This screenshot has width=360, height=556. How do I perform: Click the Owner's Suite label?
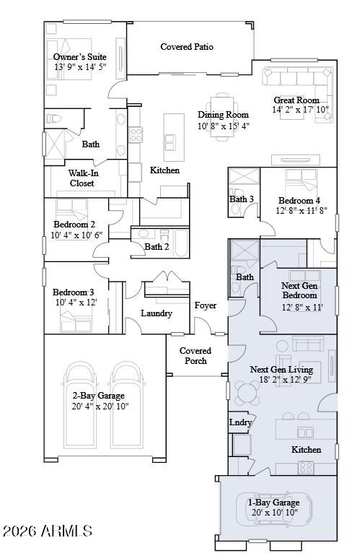[x=80, y=57]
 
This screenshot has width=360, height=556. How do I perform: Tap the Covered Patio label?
[x=187, y=46]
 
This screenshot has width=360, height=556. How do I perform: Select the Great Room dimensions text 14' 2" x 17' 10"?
[x=300, y=110]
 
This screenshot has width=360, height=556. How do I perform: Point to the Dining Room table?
[x=222, y=117]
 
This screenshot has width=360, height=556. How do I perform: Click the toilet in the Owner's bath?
[x=54, y=118]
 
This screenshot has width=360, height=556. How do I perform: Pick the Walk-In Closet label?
[x=83, y=178]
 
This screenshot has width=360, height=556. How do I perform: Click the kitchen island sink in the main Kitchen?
[x=170, y=142]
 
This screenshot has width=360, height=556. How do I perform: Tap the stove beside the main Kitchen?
[x=136, y=135]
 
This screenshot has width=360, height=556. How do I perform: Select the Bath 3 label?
[x=241, y=199]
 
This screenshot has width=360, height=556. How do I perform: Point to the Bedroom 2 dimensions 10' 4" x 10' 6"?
[x=76, y=235]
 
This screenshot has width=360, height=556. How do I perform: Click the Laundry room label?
[x=157, y=313]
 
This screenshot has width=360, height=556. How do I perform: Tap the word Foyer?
[x=205, y=305]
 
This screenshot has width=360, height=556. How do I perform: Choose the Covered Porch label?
[x=196, y=356]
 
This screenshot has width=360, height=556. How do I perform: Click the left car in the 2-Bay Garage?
[x=80, y=404]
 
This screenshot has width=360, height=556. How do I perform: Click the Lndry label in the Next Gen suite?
[x=240, y=422]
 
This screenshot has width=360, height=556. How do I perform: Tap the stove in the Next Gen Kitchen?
[x=306, y=467]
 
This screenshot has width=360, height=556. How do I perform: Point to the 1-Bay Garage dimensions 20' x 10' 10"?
[x=275, y=512]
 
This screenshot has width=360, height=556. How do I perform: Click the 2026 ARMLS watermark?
[x=48, y=531]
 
